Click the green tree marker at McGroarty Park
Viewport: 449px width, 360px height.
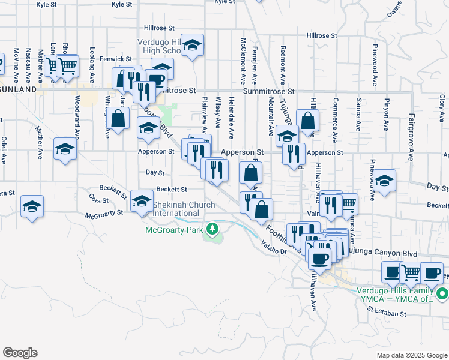click(x=211, y=229)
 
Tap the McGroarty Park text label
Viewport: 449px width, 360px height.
click(x=174, y=229)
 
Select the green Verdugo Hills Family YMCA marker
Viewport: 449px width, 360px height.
click(x=442, y=294)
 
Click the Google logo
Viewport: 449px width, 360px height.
click(x=20, y=353)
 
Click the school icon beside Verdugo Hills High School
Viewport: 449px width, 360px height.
click(x=192, y=46)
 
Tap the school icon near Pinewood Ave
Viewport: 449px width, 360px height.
click(x=385, y=180)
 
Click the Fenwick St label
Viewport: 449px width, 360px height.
click(x=116, y=59)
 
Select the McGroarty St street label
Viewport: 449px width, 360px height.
click(x=104, y=214)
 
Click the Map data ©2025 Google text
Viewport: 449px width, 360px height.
click(x=411, y=355)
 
